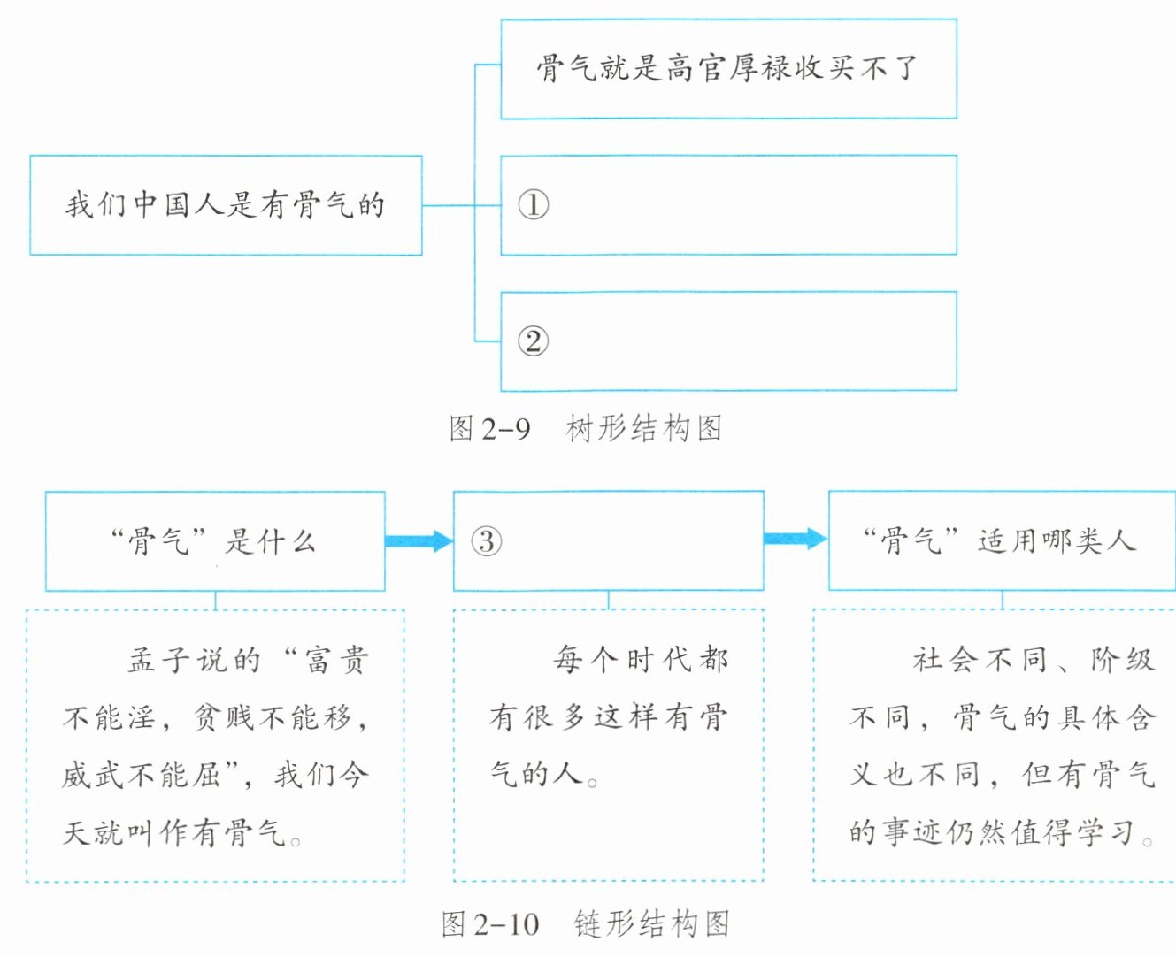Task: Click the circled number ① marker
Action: click(533, 205)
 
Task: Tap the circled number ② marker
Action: click(533, 341)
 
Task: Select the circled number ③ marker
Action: click(486, 541)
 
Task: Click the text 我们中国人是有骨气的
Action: click(225, 205)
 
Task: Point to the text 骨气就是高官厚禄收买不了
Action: click(726, 68)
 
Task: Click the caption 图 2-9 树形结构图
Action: click(585, 429)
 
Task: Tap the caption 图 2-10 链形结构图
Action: click(585, 924)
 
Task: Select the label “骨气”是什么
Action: click(213, 541)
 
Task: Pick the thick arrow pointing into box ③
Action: click(419, 541)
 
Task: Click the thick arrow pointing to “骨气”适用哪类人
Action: click(795, 538)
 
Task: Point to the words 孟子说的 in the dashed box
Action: click(195, 660)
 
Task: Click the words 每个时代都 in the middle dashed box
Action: click(641, 659)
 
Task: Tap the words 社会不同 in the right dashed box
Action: click(980, 659)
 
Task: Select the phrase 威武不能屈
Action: click(142, 775)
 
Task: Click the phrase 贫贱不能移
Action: click(273, 717)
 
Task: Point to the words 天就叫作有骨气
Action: click(174, 832)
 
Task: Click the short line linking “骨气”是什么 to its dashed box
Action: click(215, 601)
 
